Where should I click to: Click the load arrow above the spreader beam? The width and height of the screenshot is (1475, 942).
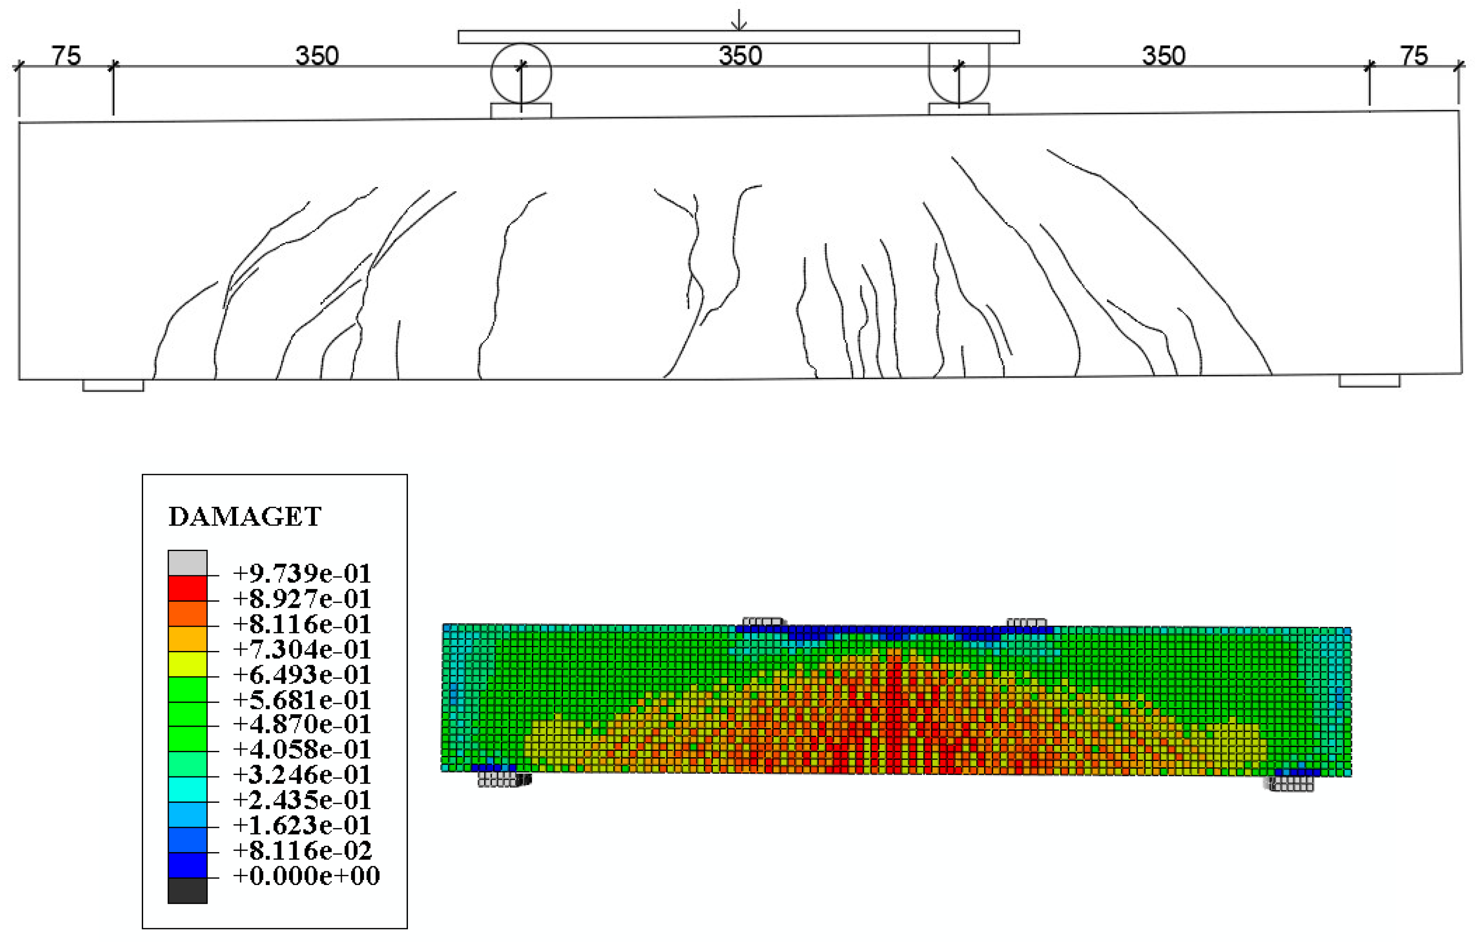739,20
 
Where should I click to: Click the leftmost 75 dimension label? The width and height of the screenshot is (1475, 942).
66,56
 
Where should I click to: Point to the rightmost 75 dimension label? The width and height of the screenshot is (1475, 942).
1414,56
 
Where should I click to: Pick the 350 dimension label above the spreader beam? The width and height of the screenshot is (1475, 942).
740,56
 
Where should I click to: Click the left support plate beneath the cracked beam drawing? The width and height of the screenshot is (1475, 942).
113,385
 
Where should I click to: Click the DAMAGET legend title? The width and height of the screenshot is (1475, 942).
245,517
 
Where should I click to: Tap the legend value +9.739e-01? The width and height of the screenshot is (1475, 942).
302,574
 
